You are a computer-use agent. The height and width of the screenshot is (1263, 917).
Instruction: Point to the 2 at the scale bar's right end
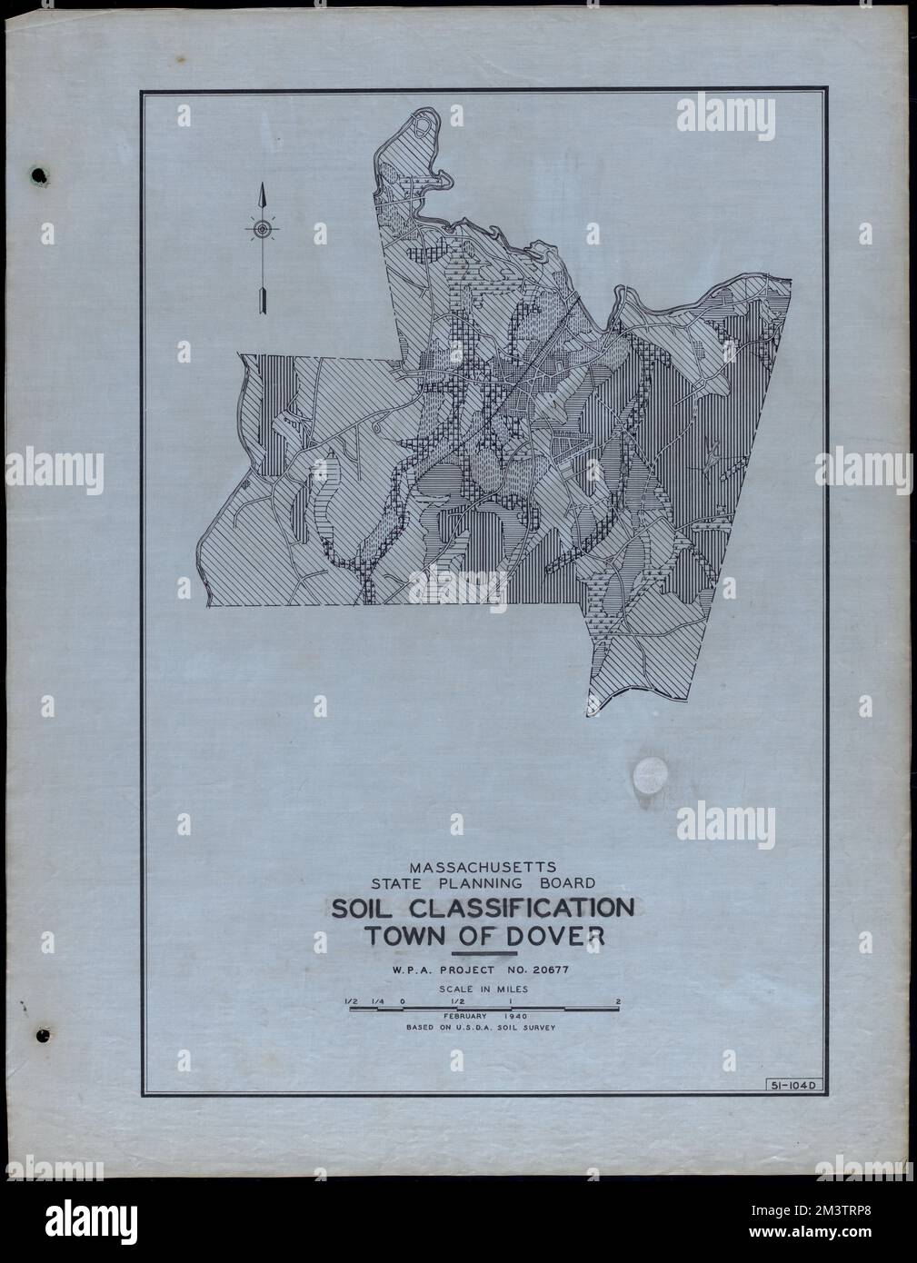coord(617,1003)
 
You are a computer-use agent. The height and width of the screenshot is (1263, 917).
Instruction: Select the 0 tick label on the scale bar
coord(402,1003)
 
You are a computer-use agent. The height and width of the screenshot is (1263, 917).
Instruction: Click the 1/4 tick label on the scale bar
coord(375,1003)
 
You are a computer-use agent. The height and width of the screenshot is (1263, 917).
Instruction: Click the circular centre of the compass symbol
coord(262,230)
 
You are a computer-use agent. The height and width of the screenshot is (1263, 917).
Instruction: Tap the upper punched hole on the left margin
coord(38,175)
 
